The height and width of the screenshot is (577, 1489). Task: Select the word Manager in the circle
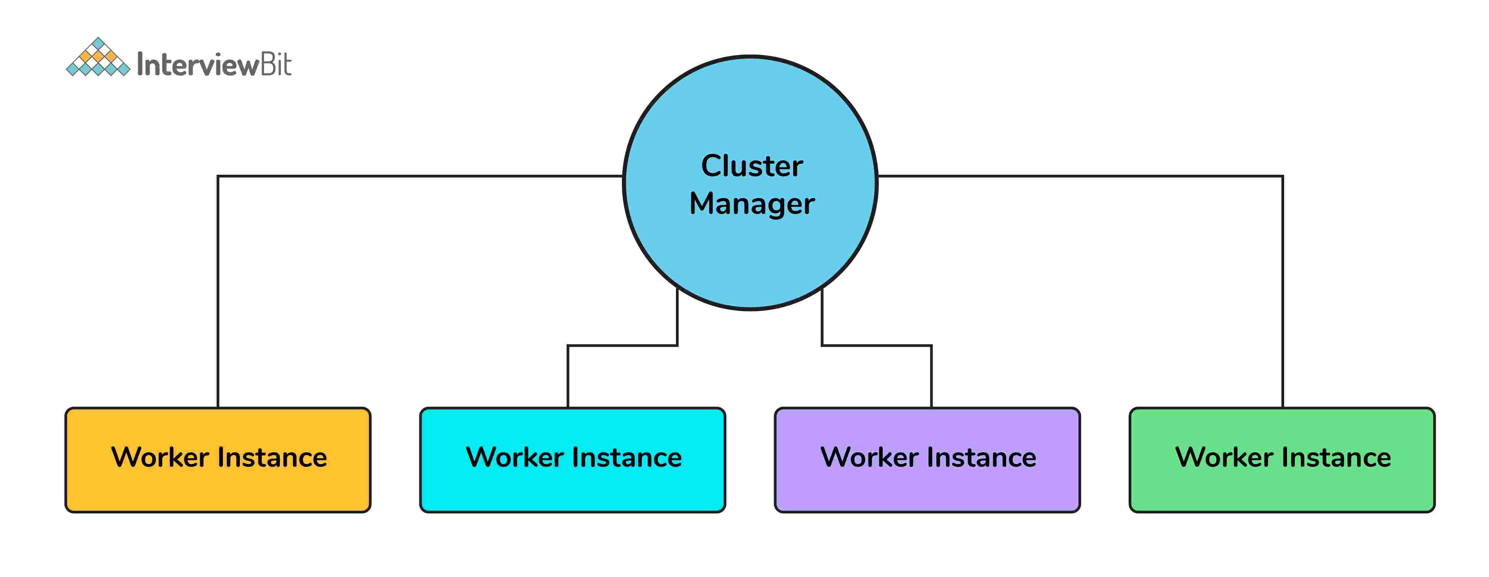coord(752,204)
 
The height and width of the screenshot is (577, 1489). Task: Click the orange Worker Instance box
coord(218,492)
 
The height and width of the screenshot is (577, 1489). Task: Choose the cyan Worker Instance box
coord(572,492)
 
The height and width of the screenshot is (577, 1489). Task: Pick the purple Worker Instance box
coord(927,492)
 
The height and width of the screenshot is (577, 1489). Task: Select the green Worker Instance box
coord(1282,492)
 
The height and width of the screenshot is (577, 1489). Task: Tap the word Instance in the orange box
coord(272,457)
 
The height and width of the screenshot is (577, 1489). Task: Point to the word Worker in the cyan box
coord(515,457)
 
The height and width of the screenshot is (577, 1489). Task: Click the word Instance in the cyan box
coord(627,457)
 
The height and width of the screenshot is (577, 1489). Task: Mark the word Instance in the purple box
coord(982,457)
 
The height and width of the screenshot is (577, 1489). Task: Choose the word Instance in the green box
coord(1337,457)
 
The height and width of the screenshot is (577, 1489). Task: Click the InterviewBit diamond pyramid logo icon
coord(98,58)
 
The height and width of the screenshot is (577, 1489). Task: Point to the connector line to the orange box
coord(218,289)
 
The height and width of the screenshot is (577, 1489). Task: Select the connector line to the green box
coord(1283,289)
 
